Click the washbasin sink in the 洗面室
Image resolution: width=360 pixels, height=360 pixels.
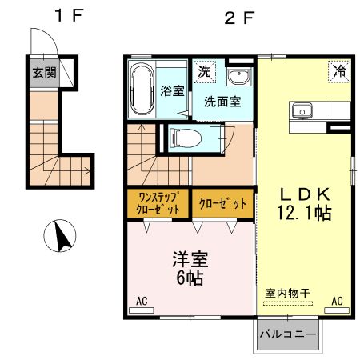(x=238, y=78)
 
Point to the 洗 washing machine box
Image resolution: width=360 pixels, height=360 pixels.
(x=204, y=70)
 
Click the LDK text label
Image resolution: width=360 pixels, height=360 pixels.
(x=302, y=194)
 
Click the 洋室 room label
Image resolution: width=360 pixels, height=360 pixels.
(x=190, y=259)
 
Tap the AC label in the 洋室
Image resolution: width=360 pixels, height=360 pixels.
(x=142, y=302)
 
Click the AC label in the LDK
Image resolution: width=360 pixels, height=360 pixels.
(x=337, y=301)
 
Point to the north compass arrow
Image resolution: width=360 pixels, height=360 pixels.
(x=61, y=235)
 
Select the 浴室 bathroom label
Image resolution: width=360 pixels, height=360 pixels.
(x=170, y=90)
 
